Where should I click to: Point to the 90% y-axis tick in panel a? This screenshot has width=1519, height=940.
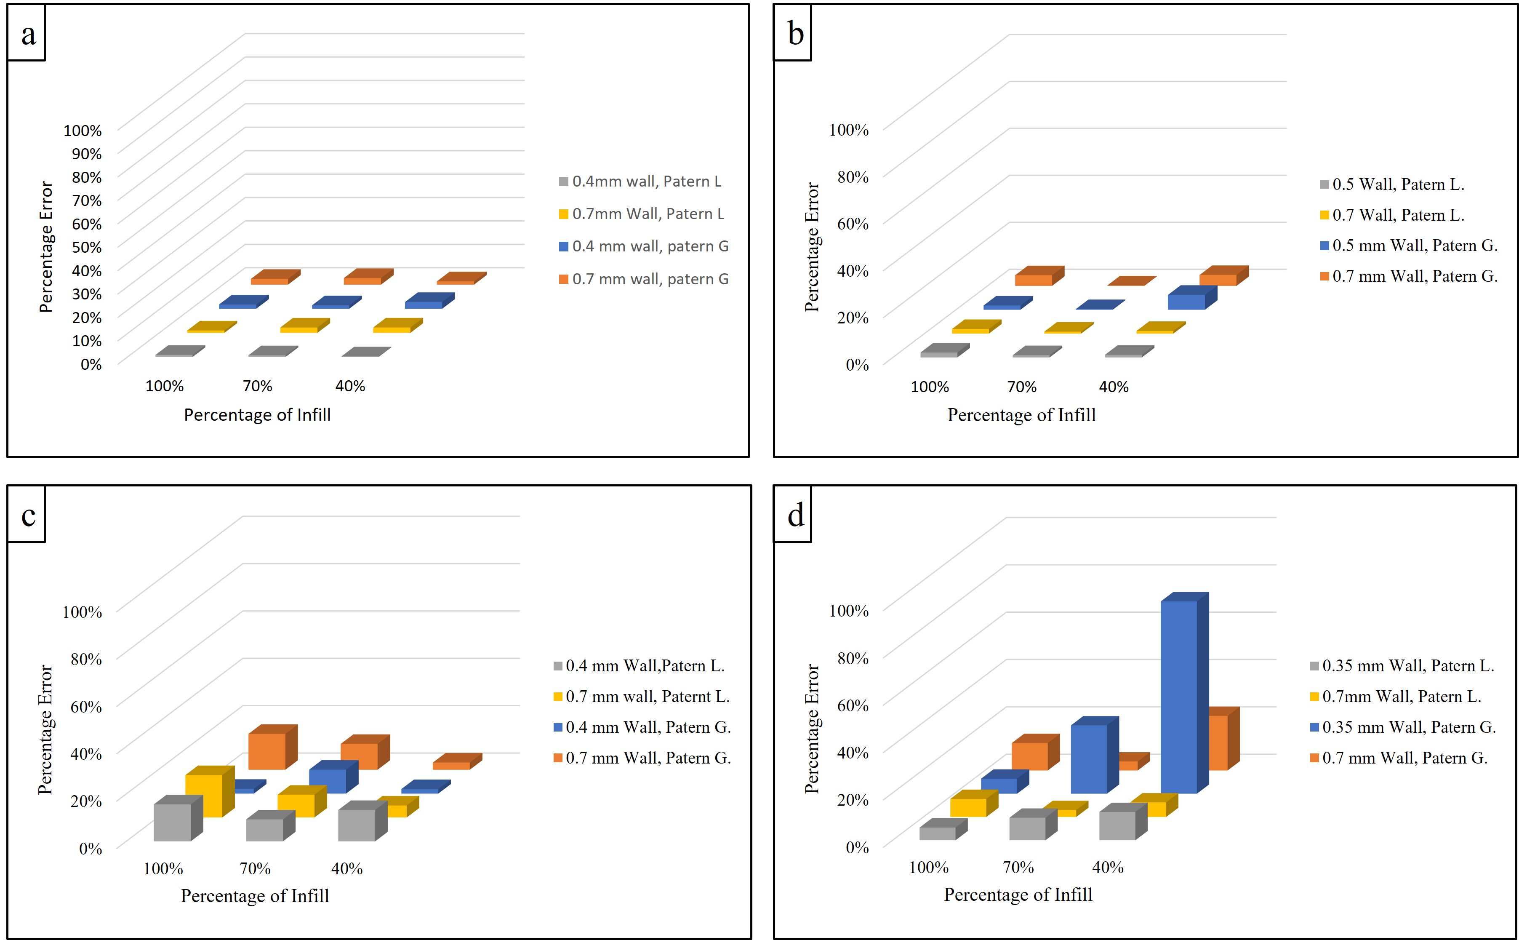86,154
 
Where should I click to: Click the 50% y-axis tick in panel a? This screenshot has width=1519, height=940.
86,247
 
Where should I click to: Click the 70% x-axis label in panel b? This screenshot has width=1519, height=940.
1022,387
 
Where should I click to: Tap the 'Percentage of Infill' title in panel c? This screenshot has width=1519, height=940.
255,896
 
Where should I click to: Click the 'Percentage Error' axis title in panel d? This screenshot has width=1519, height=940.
812,729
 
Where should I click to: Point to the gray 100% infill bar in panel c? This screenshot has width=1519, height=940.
172,822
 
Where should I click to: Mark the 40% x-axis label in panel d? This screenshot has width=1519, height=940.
1108,867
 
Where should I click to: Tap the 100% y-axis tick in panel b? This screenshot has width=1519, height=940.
848,130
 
